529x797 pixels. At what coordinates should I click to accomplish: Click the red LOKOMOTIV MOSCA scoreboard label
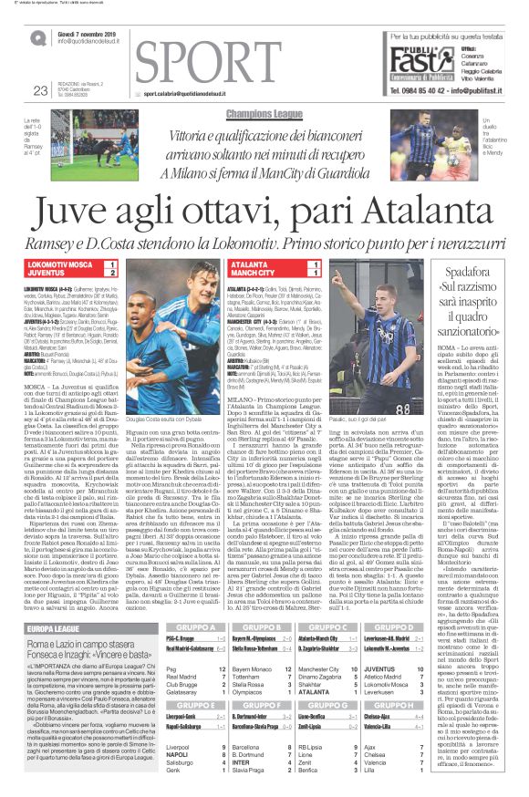(x=61, y=264)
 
